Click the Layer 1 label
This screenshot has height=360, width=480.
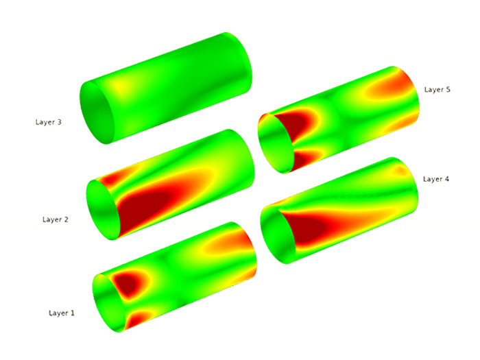[x=62, y=313]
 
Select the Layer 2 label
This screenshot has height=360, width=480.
[x=56, y=219]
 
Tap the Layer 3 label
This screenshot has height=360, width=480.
[x=49, y=122]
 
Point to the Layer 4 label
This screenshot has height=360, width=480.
[x=436, y=179]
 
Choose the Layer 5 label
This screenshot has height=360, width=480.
[x=437, y=89]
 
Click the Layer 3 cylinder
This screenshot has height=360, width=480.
[x=166, y=88]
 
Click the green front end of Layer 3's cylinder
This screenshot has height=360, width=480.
[x=97, y=112]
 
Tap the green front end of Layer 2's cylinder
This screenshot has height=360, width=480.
[x=103, y=210]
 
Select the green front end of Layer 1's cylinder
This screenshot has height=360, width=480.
[x=109, y=303]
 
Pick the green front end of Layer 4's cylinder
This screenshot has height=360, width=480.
[x=278, y=235]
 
